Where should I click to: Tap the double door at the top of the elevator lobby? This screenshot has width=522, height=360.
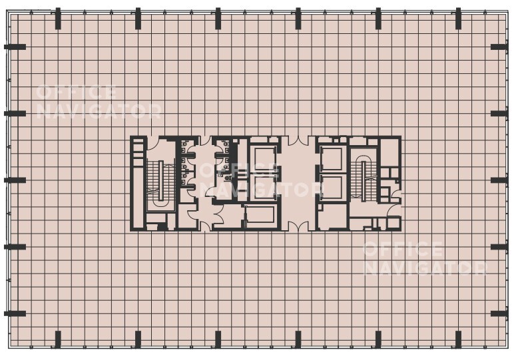pyautogui.click(x=298, y=141)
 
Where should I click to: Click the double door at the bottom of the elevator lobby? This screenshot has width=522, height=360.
pyautogui.click(x=298, y=226)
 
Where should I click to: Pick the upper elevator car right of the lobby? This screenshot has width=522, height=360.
pyautogui.click(x=331, y=158)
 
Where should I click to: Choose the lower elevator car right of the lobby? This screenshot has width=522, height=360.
pyautogui.click(x=331, y=188)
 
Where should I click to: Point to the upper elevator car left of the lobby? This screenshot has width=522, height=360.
pyautogui.click(x=265, y=158)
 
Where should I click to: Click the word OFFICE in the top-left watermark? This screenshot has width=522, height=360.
pyautogui.click(x=76, y=92)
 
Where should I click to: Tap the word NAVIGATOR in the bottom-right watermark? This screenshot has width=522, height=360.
pyautogui.click(x=425, y=268)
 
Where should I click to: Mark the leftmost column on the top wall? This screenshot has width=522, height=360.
pyautogui.click(x=58, y=19)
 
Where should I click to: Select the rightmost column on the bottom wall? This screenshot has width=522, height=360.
pyautogui.click(x=458, y=339)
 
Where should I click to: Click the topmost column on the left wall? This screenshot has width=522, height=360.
pyautogui.click(x=15, y=47)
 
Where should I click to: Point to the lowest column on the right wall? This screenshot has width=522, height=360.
pyautogui.click(x=499, y=314)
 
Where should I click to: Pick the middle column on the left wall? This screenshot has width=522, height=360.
pyautogui.click(x=15, y=180)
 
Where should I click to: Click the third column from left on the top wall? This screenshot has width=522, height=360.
pyautogui.click(x=218, y=19)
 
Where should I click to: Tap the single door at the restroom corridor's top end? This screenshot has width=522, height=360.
pyautogui.click(x=205, y=141)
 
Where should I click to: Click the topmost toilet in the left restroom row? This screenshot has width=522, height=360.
pyautogui.click(x=184, y=144)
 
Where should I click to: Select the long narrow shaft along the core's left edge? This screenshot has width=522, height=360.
pyautogui.click(x=138, y=183)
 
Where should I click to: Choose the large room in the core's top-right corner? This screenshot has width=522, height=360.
pyautogui.click(x=390, y=152)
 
